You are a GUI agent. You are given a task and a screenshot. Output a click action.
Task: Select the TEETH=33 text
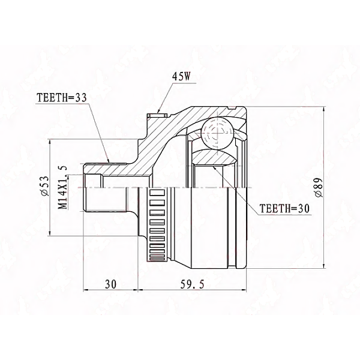pos(62,97)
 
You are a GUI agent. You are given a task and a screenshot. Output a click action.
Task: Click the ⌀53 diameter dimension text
pos(44,187)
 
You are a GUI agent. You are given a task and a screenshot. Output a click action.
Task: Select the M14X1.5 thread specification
pos(61,187)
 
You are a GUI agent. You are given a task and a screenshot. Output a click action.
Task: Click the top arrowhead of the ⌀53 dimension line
pos(49,143)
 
